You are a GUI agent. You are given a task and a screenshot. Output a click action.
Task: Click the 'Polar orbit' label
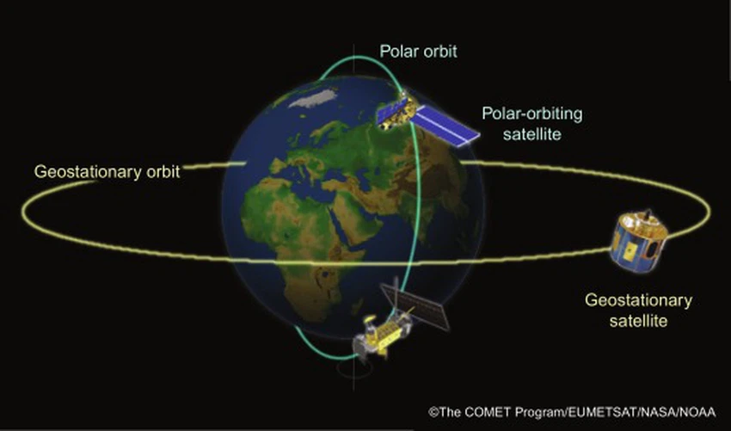tap(418, 51)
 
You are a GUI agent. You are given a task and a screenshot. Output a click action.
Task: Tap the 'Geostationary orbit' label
tap(107, 172)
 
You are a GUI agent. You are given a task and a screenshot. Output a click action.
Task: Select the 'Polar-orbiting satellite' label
tap(532, 124)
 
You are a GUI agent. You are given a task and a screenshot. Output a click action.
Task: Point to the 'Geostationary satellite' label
tap(638, 311)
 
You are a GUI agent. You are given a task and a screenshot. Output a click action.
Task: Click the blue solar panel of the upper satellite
tap(445, 125)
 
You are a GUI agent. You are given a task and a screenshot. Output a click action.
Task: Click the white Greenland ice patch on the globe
tap(312, 98)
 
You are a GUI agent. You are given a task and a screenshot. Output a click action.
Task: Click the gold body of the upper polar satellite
tap(396, 112)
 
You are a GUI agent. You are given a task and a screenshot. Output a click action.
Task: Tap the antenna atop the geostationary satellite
tap(648, 214)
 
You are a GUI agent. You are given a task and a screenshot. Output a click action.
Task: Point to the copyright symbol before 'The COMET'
tap(433, 412)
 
